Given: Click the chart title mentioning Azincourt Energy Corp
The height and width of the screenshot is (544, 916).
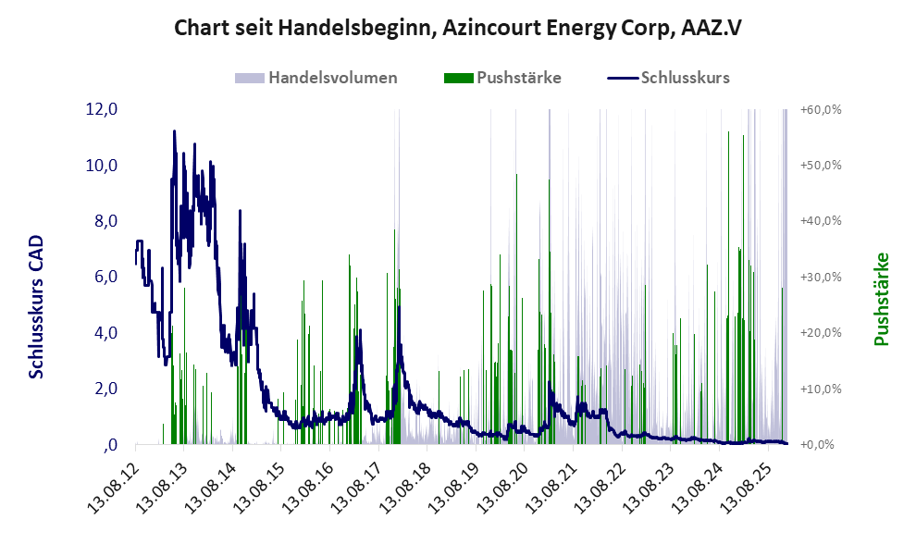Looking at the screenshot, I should (458, 29).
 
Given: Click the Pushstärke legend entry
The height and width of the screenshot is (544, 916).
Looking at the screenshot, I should (518, 78).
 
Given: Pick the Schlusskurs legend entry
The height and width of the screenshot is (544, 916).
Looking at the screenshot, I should (685, 78).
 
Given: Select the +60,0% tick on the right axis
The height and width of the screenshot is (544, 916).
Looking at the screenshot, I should (820, 109).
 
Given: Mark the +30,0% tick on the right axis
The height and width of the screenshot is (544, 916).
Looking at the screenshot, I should (820, 277).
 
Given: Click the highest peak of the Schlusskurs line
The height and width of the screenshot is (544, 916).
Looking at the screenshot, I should (174, 131).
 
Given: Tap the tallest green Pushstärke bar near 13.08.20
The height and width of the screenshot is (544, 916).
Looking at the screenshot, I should (515, 174).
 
